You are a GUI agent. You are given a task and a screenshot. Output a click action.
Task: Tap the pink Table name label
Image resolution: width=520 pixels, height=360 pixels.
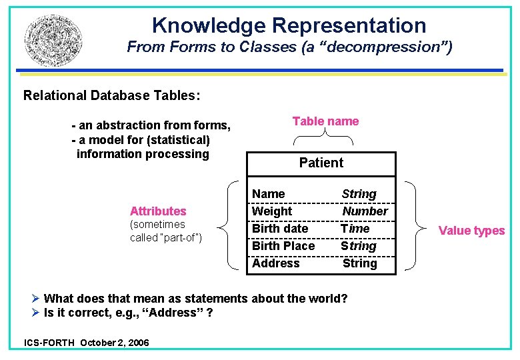325,121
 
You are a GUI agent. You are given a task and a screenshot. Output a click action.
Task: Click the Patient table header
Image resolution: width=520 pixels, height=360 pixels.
321,163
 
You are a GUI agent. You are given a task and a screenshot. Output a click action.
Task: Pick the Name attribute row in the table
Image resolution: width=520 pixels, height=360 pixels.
269,194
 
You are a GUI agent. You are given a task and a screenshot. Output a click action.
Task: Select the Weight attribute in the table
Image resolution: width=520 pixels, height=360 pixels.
272,211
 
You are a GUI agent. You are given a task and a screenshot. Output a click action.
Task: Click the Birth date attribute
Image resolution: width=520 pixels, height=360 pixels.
280,229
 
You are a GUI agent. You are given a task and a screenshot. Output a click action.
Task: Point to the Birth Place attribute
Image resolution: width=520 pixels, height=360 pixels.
283,246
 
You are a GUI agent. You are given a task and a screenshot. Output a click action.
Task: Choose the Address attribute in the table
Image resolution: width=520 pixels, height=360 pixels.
276,263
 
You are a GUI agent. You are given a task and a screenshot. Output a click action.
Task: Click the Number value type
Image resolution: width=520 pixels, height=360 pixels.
365,211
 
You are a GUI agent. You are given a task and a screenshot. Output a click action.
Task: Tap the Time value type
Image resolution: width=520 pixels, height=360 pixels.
355,229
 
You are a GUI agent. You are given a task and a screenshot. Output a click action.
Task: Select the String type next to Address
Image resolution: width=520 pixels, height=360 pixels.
360,263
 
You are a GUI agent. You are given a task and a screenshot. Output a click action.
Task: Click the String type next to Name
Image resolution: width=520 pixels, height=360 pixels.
359,194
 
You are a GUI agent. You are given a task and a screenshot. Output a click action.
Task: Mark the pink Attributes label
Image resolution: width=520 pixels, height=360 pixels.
158,211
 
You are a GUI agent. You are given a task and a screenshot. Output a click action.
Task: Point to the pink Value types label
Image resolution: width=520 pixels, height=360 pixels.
471,231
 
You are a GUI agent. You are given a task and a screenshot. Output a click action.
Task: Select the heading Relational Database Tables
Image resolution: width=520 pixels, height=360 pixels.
111,95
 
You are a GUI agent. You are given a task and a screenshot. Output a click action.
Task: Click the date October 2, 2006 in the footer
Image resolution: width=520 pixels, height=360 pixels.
114,343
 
